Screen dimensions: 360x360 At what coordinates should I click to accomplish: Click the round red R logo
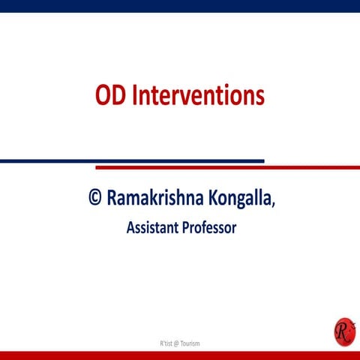(x=343, y=331)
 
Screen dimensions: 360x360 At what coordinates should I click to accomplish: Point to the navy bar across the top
(x=180, y=6)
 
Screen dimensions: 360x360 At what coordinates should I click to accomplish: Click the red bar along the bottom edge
(x=180, y=355)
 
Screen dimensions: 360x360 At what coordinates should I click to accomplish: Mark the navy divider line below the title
(x=131, y=160)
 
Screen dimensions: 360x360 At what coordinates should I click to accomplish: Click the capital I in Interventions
(x=134, y=96)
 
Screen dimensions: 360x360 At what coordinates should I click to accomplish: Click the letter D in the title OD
(x=119, y=96)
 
